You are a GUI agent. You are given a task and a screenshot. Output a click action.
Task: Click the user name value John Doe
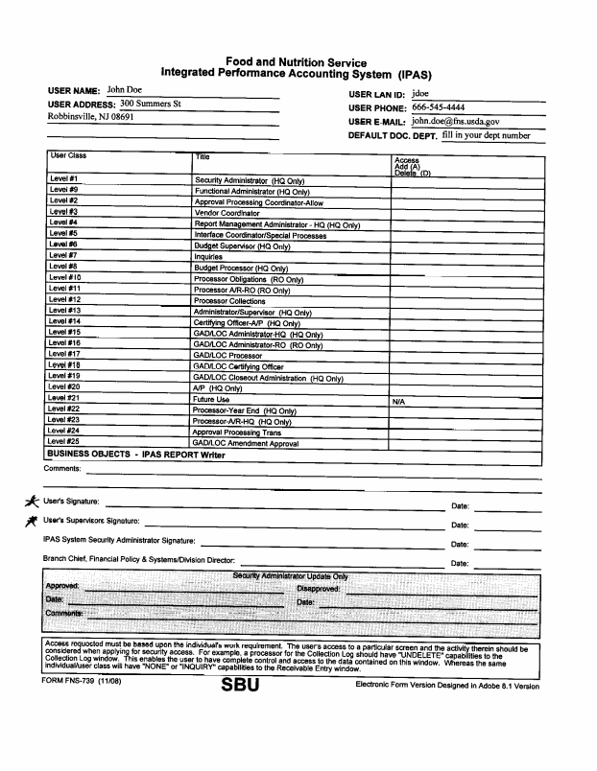coord(125,90)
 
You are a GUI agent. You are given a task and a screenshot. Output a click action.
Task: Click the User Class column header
coord(68,155)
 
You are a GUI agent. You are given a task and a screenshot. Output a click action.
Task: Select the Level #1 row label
coord(64,179)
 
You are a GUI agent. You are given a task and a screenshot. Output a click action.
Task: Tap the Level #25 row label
coord(65,442)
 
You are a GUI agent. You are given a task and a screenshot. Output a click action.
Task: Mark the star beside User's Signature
coord(32,501)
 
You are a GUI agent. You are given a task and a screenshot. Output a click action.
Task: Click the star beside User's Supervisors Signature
coord(32,520)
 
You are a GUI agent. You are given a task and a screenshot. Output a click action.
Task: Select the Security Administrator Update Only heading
coord(291,575)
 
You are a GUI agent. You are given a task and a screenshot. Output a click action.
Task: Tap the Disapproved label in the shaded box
coord(318,588)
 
